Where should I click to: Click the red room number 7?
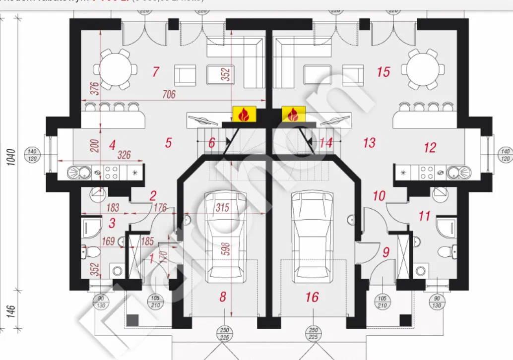point(155,72)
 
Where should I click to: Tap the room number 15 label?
point(384,72)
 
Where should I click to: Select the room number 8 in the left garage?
point(223,297)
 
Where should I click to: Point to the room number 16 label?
point(312,297)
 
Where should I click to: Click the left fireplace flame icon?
point(244,114)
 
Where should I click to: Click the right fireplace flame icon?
point(293,114)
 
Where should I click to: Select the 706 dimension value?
point(169,94)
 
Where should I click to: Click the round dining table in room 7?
point(118,68)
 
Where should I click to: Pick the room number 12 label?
point(430,147)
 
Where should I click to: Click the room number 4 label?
point(112,145)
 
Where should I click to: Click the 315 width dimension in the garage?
point(223,207)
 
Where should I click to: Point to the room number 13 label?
point(369,143)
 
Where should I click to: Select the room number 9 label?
point(385,252)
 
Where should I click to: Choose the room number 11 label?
point(424,216)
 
